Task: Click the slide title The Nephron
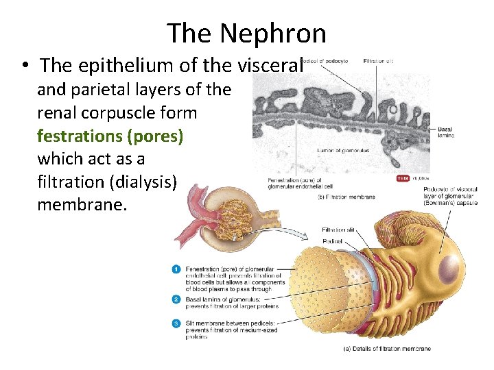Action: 246,32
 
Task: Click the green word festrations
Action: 80,136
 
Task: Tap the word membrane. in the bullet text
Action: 82,205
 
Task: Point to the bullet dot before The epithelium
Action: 24,66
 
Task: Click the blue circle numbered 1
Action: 176,269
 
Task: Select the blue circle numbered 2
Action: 176,299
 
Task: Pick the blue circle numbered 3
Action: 176,322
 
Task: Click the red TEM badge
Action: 403,179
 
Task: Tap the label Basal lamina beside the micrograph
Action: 445,132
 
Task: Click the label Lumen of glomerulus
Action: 343,150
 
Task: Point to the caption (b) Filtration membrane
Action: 346,197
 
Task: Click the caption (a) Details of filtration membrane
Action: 386,349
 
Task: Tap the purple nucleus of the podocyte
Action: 451,267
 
